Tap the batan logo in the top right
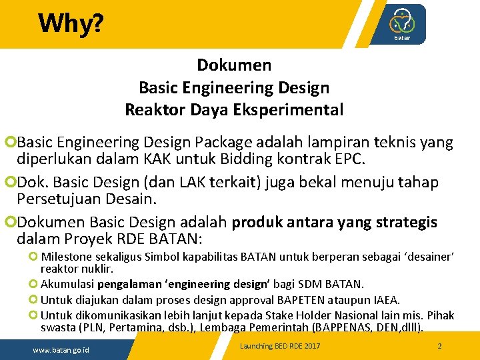click(x=402, y=24)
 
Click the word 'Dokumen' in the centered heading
click(x=234, y=65)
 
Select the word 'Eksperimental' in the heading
click(x=288, y=109)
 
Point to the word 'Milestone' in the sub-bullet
click(x=66, y=257)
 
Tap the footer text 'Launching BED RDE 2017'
click(x=280, y=346)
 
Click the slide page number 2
click(x=439, y=346)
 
